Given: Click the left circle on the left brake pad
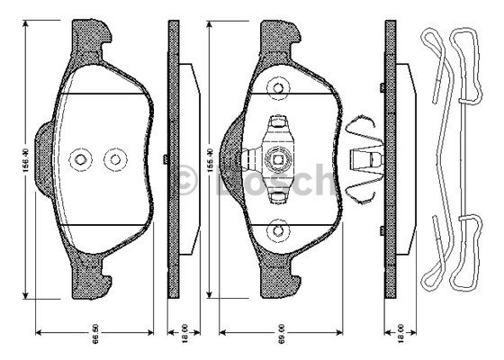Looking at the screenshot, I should point(80,159).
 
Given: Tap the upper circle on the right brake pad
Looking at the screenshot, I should point(280,87).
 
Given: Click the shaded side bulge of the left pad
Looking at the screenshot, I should point(43,159).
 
